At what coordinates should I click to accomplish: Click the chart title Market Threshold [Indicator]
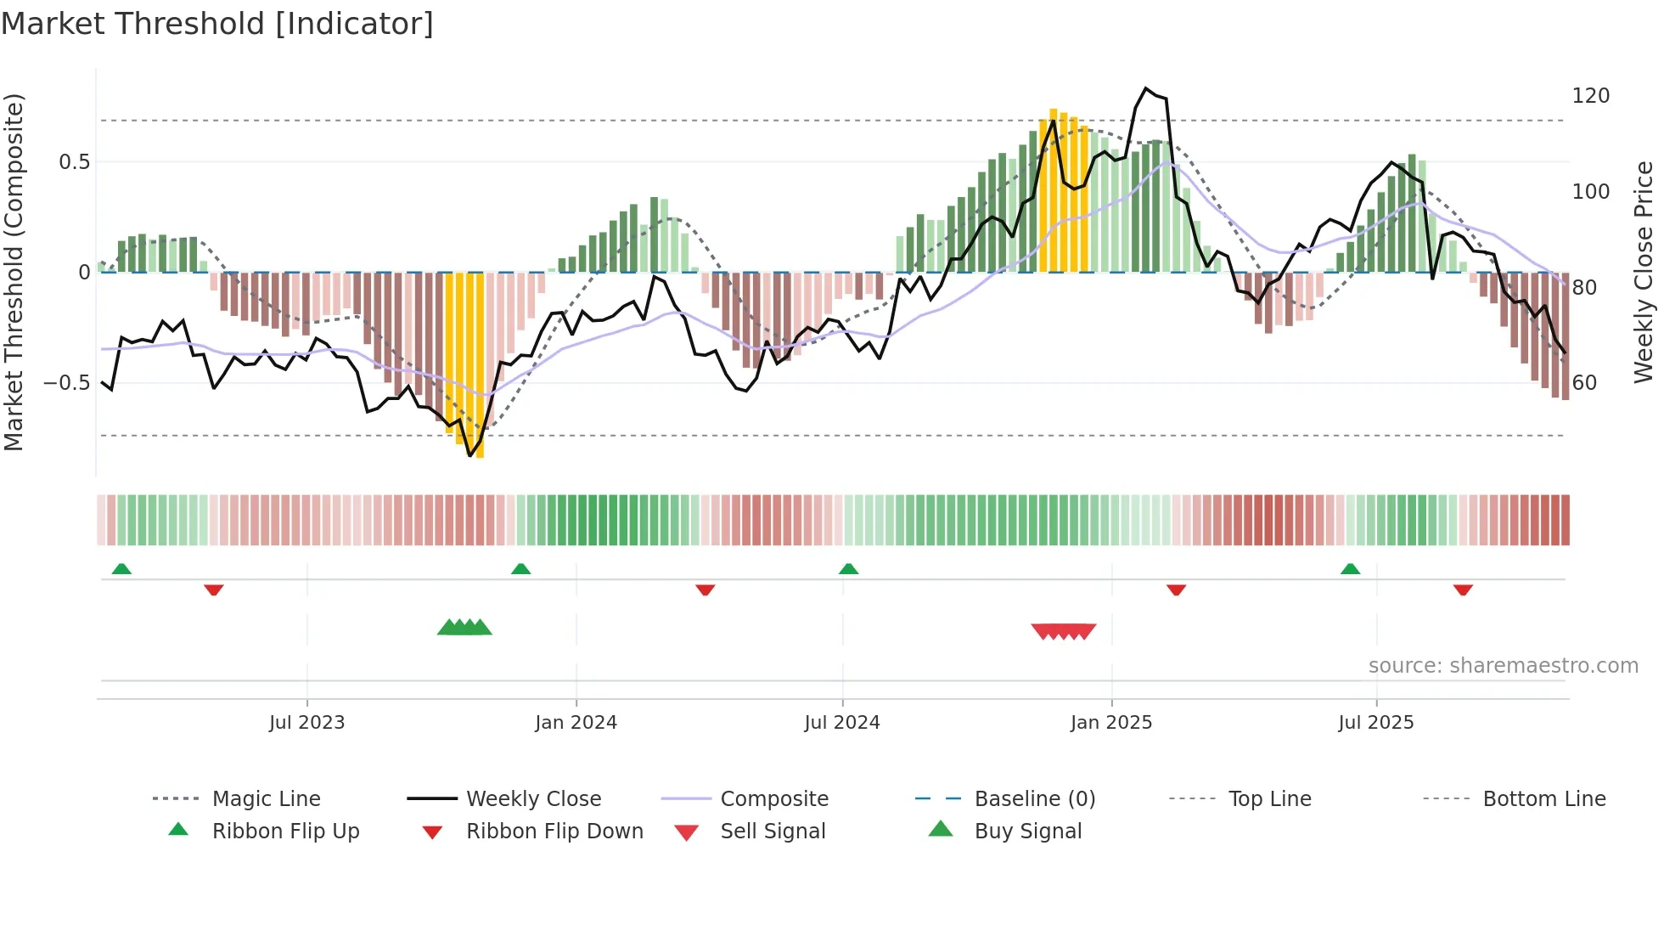(217, 24)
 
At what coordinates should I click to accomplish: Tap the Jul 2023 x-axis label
(306, 723)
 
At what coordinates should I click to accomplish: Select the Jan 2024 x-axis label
(576, 723)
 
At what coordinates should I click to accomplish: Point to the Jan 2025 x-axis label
(1110, 723)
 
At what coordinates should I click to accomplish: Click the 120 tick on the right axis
(1590, 96)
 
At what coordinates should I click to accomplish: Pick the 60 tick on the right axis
(1584, 383)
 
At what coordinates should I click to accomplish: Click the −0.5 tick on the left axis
(66, 383)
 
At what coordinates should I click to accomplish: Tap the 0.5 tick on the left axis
(74, 162)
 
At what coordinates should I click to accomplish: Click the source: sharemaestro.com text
(1503, 666)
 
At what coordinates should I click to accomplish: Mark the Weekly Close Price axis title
(1644, 272)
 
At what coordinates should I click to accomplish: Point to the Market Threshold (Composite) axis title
(14, 272)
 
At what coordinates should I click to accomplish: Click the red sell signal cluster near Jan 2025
(1063, 631)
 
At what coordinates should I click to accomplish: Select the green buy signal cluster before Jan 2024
(464, 628)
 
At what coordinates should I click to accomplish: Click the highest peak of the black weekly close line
(1145, 88)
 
